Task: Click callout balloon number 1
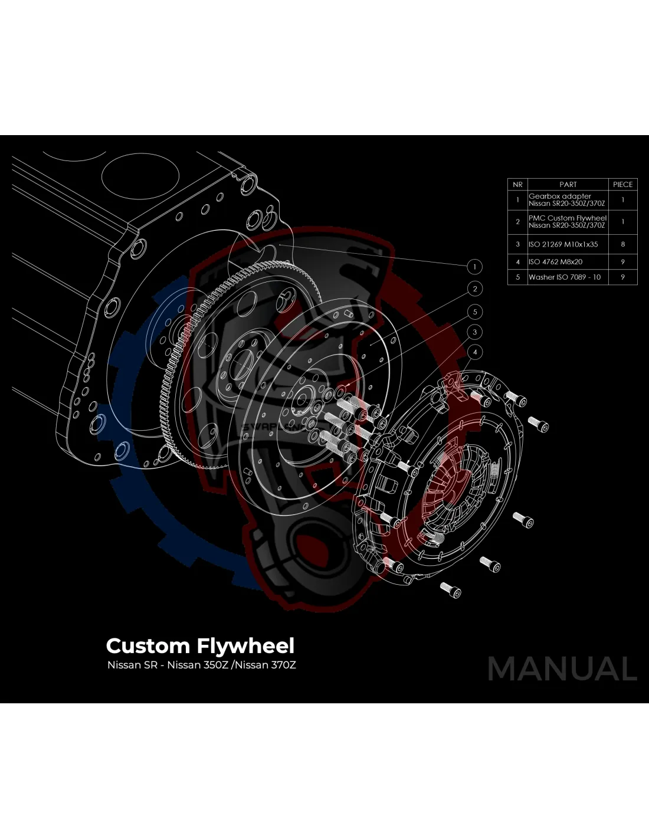[x=474, y=267]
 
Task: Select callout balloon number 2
[x=474, y=289]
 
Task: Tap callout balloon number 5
[x=474, y=312]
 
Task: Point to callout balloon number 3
[x=474, y=332]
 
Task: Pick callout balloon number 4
[x=474, y=352]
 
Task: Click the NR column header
[x=517, y=185]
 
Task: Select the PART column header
[x=568, y=185]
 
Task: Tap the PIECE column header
[x=622, y=185]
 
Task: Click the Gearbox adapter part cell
[x=566, y=200]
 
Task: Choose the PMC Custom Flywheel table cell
[x=567, y=222]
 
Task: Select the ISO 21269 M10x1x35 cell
[x=563, y=244]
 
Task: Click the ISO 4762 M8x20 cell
[x=556, y=262]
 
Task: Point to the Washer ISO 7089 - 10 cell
[x=565, y=277]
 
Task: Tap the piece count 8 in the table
[x=622, y=244]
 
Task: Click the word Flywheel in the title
[x=245, y=646]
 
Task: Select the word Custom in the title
[x=147, y=646]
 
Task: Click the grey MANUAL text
[x=562, y=669]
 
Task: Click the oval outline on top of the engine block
[x=140, y=177]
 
